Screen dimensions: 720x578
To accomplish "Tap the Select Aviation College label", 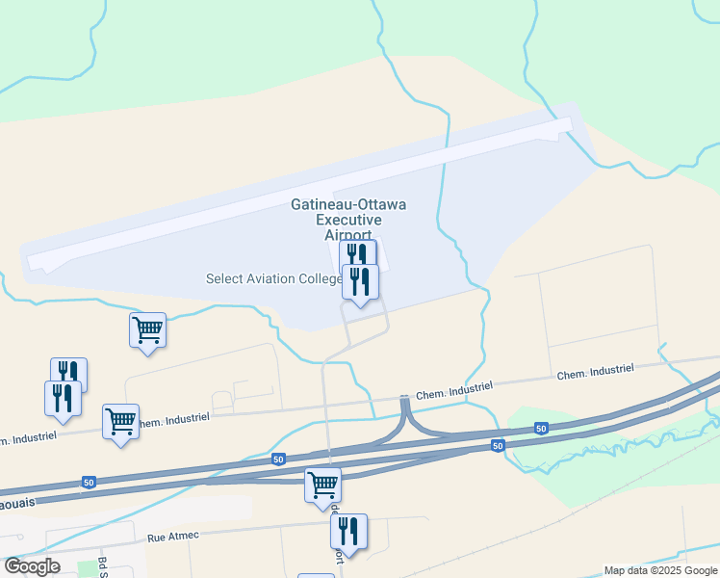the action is [x=273, y=279].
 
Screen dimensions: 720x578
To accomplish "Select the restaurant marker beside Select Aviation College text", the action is [x=360, y=281].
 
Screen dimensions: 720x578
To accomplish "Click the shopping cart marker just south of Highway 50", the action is [x=322, y=485].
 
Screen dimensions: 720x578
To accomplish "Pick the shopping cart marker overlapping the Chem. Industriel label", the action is [x=120, y=421].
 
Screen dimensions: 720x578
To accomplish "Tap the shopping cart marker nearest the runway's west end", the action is [x=147, y=329].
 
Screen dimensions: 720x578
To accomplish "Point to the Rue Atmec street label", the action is [x=172, y=538].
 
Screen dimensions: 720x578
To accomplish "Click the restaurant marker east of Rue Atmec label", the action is [x=348, y=531].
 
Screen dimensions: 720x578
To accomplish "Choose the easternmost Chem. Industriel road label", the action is [x=595, y=371].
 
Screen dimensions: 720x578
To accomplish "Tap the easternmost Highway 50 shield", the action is [x=542, y=428].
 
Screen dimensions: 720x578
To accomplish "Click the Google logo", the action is [x=32, y=566].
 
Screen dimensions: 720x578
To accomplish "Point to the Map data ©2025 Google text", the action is [x=660, y=570].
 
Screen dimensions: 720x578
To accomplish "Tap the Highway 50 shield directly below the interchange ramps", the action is [x=497, y=445].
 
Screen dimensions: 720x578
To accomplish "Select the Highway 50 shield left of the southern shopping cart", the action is [x=277, y=460].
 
